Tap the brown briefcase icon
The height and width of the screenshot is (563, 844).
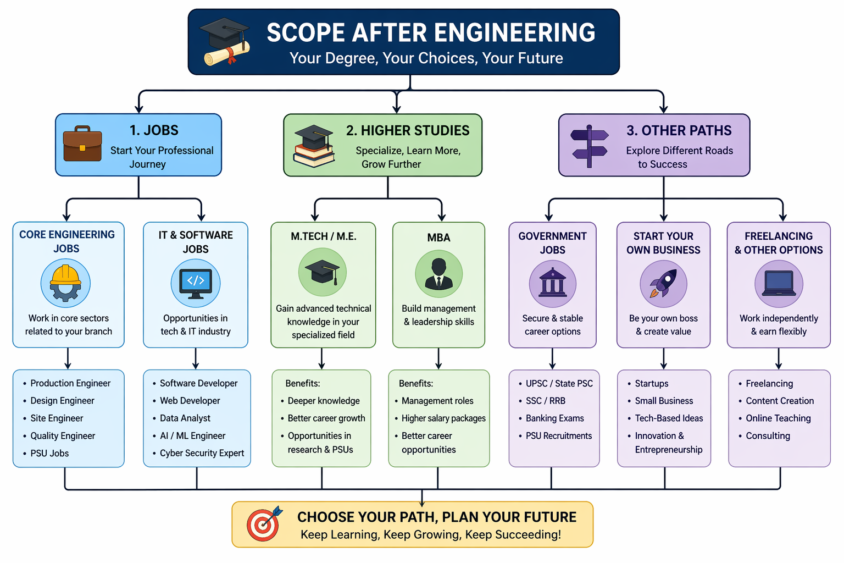point(82,144)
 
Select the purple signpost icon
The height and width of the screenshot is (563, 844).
point(589,146)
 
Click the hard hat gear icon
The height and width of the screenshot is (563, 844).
point(65,283)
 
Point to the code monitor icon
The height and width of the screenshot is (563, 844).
point(196,283)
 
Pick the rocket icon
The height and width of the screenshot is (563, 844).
point(663,283)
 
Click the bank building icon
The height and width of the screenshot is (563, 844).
point(552,283)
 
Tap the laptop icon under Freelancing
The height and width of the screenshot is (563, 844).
point(779,283)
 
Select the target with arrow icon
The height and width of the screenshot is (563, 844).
point(264,524)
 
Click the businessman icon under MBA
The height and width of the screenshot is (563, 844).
point(438,274)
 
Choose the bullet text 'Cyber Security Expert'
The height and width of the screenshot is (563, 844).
point(202,453)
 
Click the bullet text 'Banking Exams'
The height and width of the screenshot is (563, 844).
point(554,418)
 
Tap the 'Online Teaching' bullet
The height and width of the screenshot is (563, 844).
point(778,418)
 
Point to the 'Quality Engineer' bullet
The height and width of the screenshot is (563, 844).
point(63,436)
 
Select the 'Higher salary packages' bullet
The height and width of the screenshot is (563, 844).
point(443,418)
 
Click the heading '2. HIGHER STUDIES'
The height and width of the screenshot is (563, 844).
point(408,131)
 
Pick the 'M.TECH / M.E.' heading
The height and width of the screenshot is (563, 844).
point(324,236)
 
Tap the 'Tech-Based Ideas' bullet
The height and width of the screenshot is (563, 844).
point(669,418)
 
